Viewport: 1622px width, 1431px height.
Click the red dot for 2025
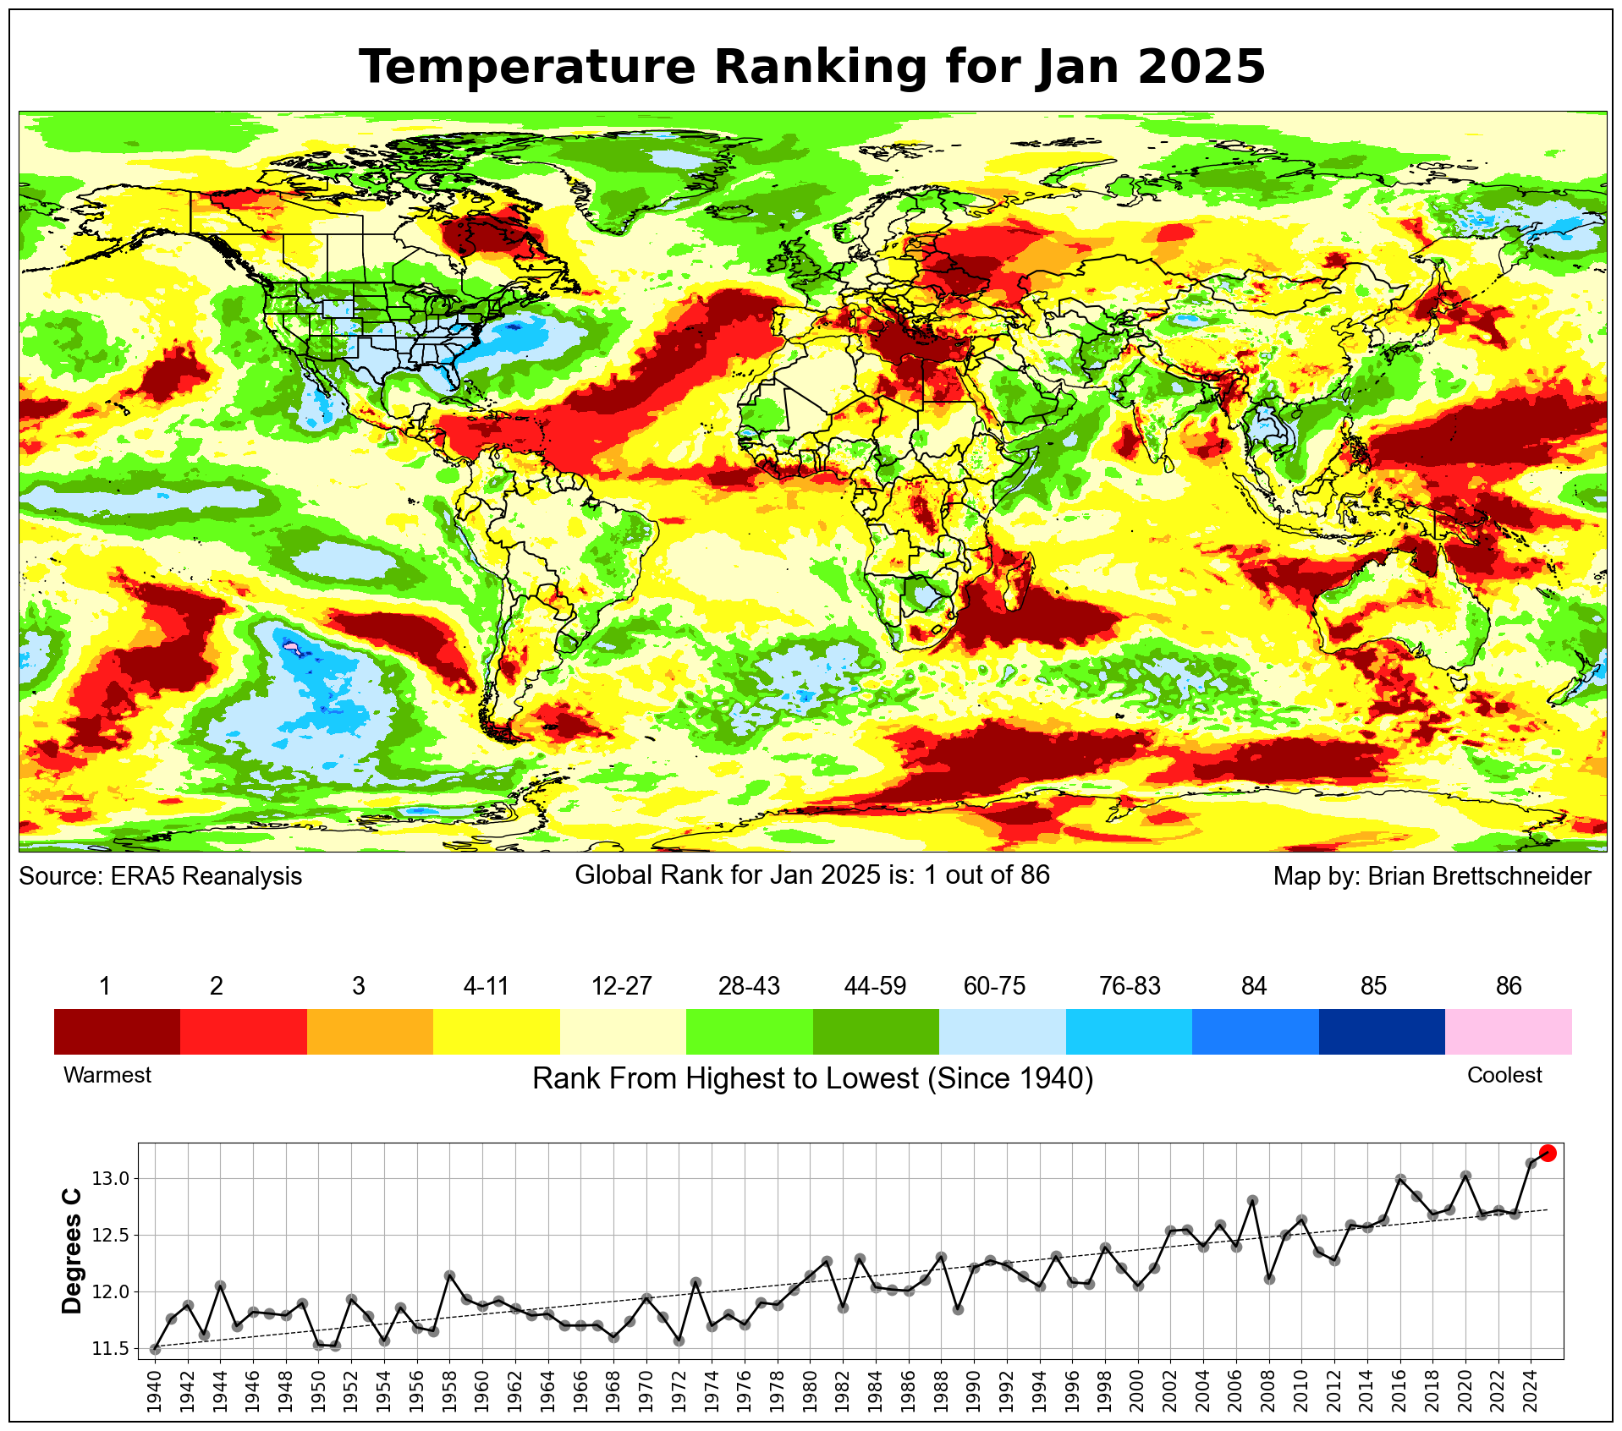point(1548,1153)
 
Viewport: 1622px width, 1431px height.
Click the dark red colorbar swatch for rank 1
point(117,1031)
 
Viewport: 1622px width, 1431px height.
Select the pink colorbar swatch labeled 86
point(1508,1031)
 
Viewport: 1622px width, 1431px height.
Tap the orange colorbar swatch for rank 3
point(370,1031)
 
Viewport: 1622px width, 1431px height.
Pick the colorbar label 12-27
point(621,986)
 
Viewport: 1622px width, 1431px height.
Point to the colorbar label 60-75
point(994,986)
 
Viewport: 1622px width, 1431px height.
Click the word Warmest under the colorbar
point(107,1075)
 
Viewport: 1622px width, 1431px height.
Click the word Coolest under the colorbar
point(1504,1075)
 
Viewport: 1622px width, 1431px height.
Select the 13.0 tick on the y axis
point(110,1179)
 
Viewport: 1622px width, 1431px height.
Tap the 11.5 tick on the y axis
point(110,1348)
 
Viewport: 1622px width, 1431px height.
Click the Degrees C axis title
point(73,1251)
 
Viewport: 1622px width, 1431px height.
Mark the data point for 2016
point(1400,1179)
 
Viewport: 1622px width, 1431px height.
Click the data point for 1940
point(155,1349)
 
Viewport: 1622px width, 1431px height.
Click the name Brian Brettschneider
point(1479,876)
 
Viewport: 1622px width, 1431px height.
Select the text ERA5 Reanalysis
point(206,876)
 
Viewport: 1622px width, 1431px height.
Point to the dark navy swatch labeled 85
point(1381,1031)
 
